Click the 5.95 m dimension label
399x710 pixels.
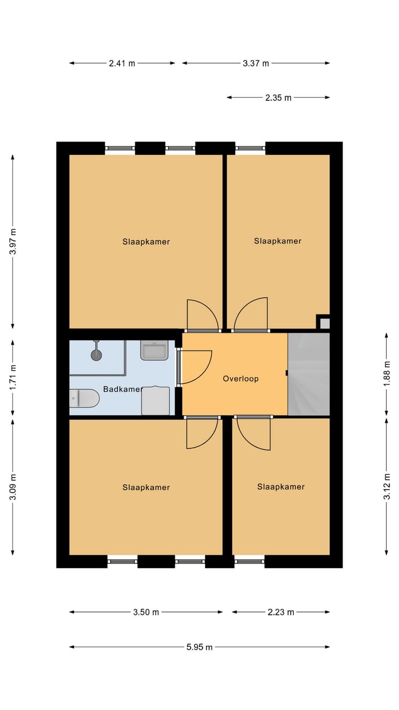pyautogui.click(x=199, y=647)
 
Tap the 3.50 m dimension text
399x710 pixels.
pyautogui.click(x=146, y=612)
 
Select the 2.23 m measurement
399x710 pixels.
pyautogui.click(x=281, y=612)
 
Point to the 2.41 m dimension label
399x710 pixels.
pyautogui.click(x=122, y=63)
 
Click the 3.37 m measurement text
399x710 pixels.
pyautogui.click(x=255, y=63)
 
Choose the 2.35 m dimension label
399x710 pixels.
pyautogui.click(x=278, y=98)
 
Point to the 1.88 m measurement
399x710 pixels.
pyautogui.click(x=387, y=374)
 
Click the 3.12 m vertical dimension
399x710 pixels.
pyautogui.click(x=387, y=486)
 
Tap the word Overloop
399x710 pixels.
pyautogui.click(x=241, y=379)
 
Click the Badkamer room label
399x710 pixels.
pyautogui.click(x=122, y=389)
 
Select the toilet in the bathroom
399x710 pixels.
pyautogui.click(x=84, y=398)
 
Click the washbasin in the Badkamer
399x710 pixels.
pyautogui.click(x=154, y=350)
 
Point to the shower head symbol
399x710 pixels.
pyautogui.click(x=97, y=354)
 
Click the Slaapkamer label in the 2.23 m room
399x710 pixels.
pyautogui.click(x=281, y=487)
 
